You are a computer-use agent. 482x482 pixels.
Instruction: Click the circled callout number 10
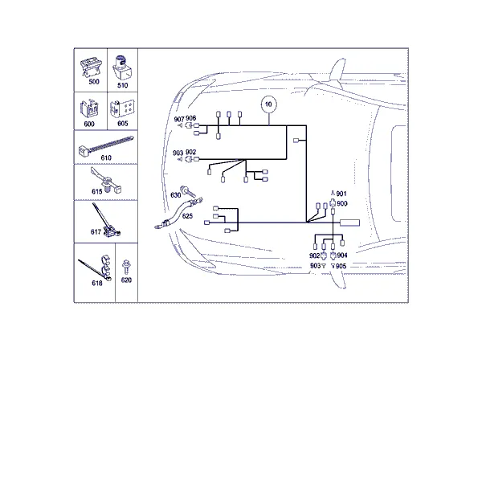click(x=268, y=104)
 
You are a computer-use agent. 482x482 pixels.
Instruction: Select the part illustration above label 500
click(x=91, y=67)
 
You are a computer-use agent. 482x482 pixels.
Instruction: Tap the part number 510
click(x=123, y=85)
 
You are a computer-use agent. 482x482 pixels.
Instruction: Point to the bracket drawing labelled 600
click(x=89, y=108)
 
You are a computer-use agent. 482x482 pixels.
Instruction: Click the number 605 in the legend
click(x=123, y=123)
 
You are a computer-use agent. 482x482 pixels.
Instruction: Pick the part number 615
click(x=97, y=191)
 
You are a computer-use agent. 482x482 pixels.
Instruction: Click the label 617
click(x=96, y=232)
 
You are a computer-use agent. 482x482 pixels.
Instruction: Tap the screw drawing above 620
click(x=126, y=267)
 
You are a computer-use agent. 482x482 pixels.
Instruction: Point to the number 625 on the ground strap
click(x=187, y=216)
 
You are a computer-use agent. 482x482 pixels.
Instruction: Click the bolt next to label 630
click(x=187, y=191)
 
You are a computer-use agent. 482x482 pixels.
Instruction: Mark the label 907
click(x=179, y=119)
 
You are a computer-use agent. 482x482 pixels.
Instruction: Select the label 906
click(x=190, y=118)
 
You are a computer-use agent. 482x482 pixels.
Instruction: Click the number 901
click(x=341, y=194)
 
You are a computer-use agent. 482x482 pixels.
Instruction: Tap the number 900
click(x=342, y=203)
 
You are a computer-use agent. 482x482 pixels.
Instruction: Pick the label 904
click(x=342, y=255)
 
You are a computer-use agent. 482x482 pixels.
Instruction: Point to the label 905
click(x=341, y=266)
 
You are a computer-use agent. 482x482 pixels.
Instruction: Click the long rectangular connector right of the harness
click(x=349, y=223)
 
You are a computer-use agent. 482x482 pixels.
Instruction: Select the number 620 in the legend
click(x=126, y=280)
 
